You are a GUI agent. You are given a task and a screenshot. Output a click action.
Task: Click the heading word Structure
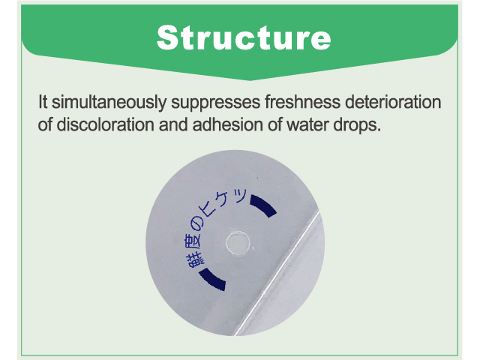pos(244,37)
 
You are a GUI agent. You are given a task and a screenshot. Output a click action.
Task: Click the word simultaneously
pos(109,103)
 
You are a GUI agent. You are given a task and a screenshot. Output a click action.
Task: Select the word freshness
pos(302,102)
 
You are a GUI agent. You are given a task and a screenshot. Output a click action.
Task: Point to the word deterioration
pos(393,102)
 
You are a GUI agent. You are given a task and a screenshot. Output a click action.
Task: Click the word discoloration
pos(105,124)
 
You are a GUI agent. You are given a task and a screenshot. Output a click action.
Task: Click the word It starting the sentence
pos(42,102)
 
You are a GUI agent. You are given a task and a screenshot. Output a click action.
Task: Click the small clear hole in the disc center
pos(238,243)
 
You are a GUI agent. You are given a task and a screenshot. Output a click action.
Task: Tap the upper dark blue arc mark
pos(263,205)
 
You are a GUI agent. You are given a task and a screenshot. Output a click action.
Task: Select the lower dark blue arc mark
pos(212,279)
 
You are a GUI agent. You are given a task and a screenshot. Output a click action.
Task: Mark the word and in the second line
pos(173,124)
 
